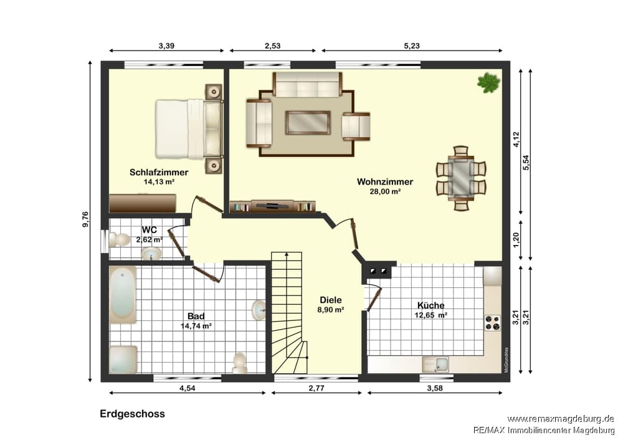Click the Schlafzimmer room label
[158, 173]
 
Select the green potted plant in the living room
[488, 83]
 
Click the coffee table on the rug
[308, 122]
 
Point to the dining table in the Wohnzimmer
[461, 176]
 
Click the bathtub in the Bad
[123, 295]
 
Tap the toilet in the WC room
[120, 240]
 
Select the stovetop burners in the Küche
[492, 322]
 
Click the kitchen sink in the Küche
[435, 364]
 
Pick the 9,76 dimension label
[85, 219]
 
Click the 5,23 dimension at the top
[412, 45]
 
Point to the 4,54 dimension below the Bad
[187, 388]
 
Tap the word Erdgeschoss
[132, 414]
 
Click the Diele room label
[331, 300]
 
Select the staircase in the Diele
[289, 312]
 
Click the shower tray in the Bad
[123, 360]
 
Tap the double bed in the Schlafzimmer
[189, 129]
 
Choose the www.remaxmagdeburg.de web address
[561, 419]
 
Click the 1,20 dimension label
[516, 240]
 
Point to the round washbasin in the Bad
[259, 310]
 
